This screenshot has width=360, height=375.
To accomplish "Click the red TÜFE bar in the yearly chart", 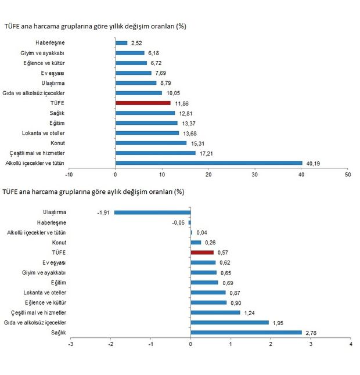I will [143, 103].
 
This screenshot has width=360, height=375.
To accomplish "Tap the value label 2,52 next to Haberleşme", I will [136, 43].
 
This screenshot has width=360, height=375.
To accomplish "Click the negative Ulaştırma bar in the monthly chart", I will [153, 212].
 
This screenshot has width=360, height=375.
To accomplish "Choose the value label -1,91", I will [104, 212].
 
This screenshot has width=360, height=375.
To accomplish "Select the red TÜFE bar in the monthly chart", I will [202, 253].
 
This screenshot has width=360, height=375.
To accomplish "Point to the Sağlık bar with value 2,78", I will [246, 333].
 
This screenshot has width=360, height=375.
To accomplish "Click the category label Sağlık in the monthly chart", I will [59, 333].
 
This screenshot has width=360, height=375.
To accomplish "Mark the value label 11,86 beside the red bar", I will [181, 103].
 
